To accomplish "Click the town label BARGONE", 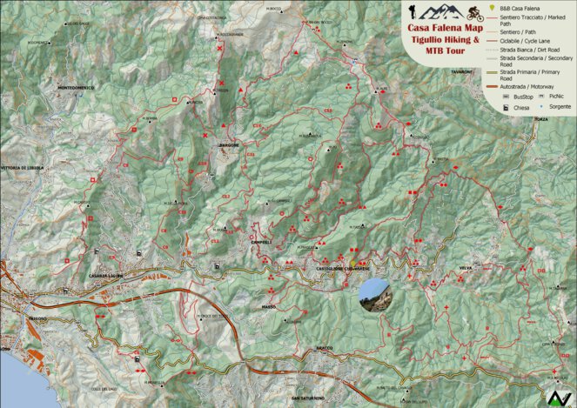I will pyautogui.click(x=228, y=146).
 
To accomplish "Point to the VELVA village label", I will pyautogui.click(x=466, y=269).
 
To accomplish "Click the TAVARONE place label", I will pyautogui.click(x=461, y=73).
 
